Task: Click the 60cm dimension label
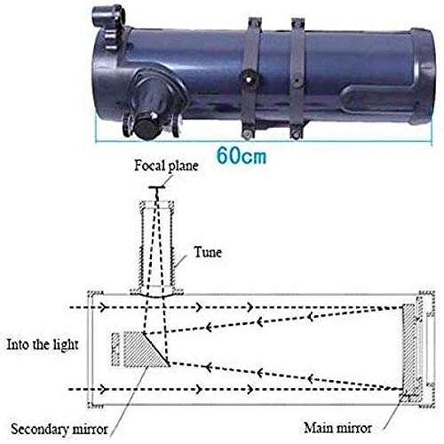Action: [242, 155]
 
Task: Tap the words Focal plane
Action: [166, 166]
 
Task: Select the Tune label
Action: [208, 252]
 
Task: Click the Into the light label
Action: [43, 345]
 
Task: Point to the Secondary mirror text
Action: [59, 429]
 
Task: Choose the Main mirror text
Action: [337, 428]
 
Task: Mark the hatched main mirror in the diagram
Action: [409, 349]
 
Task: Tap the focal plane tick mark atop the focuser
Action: [157, 187]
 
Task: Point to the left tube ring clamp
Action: [251, 78]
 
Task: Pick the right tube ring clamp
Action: [297, 78]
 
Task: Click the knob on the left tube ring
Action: [250, 77]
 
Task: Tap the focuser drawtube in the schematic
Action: [157, 247]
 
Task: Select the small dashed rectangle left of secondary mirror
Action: [115, 350]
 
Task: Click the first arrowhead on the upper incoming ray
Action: [103, 308]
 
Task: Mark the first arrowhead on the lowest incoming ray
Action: [103, 389]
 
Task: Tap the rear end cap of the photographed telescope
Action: [422, 75]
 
